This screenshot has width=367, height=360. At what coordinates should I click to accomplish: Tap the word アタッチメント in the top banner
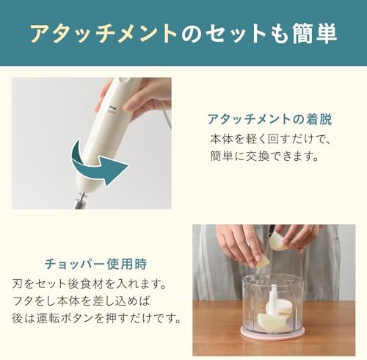coord(103,33)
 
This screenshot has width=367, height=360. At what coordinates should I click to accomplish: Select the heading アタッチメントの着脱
coord(270,120)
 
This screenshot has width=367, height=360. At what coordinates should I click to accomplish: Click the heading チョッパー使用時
coord(96,264)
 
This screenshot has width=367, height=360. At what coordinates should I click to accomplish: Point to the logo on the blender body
coord(112,109)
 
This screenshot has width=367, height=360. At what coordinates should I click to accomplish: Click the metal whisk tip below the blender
coord(80,201)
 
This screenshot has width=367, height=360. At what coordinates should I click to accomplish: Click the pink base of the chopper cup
coord(272,332)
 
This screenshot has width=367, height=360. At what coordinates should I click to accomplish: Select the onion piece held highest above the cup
coord(279,242)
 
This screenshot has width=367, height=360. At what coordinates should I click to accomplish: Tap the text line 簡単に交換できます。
coord(264,156)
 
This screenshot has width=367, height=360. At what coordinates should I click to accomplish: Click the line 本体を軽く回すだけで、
coord(270,140)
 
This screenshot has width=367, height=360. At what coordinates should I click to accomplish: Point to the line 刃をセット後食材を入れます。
coord(89,284)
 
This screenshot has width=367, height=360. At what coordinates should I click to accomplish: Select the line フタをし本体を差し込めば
coord(81,301)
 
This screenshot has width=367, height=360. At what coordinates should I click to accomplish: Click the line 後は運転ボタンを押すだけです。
coord(97,318)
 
